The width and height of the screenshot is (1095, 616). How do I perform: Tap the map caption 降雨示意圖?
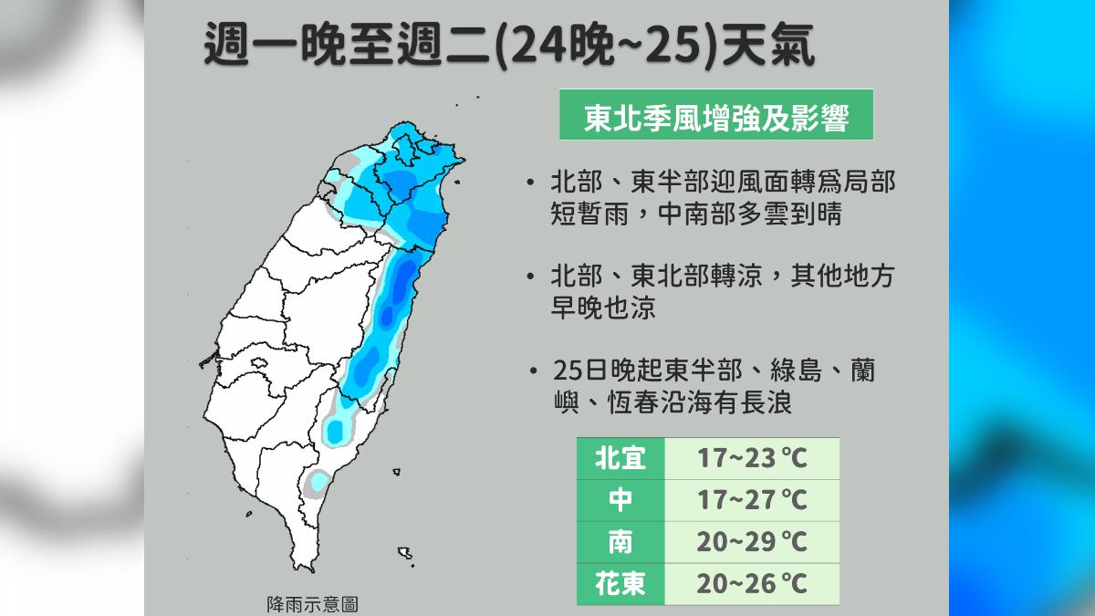click(x=311, y=603)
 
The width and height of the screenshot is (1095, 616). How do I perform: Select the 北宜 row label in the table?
click(x=620, y=458)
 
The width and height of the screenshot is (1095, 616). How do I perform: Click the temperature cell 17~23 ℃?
click(x=753, y=458)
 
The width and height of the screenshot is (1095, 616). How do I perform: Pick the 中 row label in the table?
click(x=620, y=500)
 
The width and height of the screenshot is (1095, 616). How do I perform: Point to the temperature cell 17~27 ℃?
click(x=753, y=500)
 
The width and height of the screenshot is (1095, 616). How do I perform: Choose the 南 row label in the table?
click(x=620, y=542)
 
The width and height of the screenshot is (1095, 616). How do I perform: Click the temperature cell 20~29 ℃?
click(x=753, y=542)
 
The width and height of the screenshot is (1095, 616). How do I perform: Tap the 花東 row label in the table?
click(x=620, y=584)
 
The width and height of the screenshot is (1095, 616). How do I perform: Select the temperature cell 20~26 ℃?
click(x=753, y=584)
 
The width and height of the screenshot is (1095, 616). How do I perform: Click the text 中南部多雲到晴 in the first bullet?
click(x=748, y=215)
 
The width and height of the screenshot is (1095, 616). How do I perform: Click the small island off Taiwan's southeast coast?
click(x=397, y=472)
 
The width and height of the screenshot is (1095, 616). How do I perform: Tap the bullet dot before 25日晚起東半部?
click(x=532, y=372)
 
